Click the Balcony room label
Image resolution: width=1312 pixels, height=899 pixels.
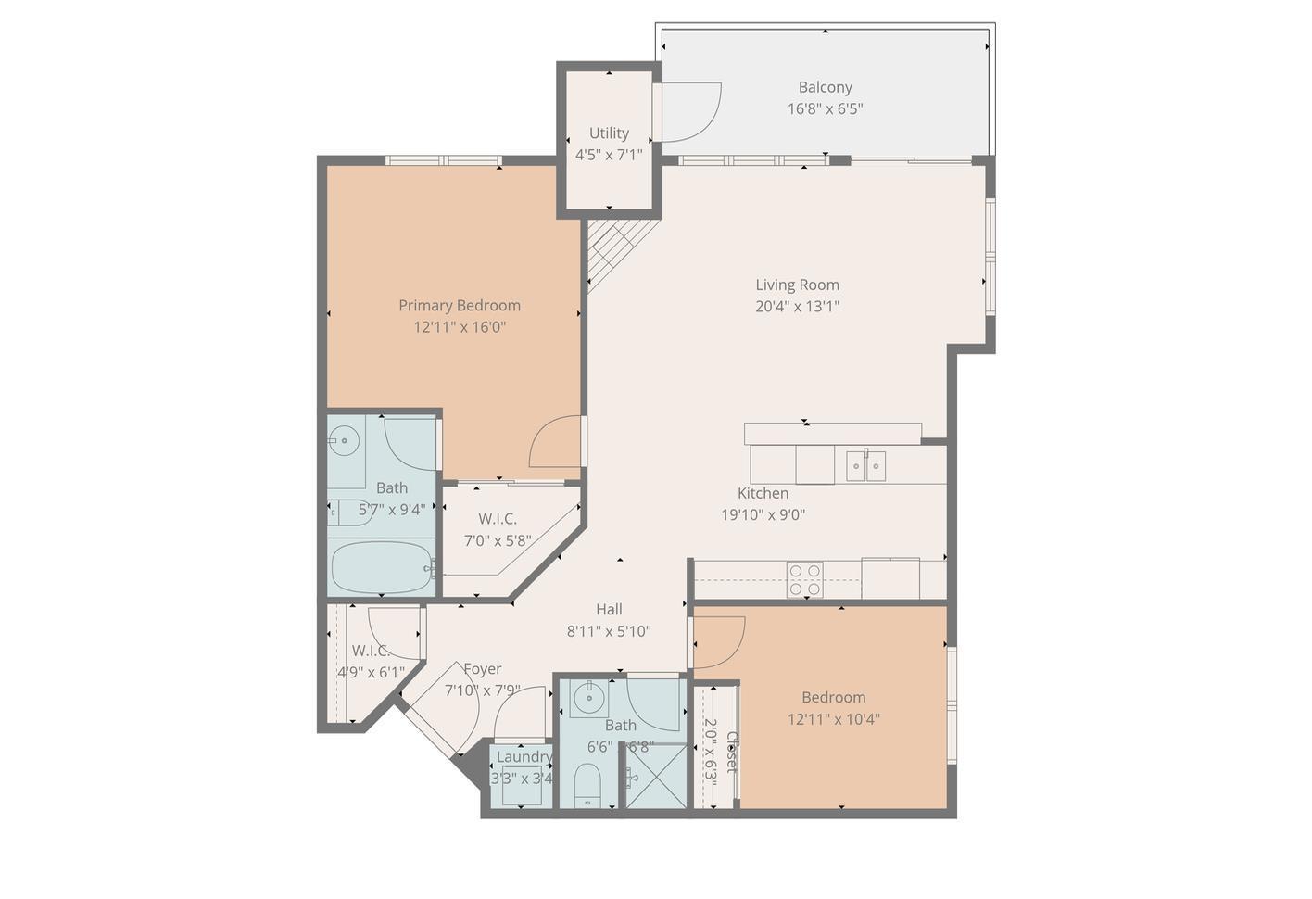tap(825, 87)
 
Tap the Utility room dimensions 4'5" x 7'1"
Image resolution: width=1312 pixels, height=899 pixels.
tap(609, 155)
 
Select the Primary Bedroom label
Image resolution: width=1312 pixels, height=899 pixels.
tap(460, 305)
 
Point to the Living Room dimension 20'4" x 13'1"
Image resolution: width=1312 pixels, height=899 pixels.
tap(797, 307)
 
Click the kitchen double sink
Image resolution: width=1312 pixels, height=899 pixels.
tap(865, 465)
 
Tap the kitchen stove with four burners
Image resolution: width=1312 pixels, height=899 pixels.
tap(804, 579)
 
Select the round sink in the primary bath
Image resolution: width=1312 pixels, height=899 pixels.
tap(345, 439)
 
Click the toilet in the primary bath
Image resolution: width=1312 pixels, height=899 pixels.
tap(347, 512)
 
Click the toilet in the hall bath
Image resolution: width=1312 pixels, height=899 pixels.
tap(587, 785)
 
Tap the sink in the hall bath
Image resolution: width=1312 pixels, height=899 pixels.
tap(587, 698)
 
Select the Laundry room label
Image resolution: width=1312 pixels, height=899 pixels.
tap(524, 756)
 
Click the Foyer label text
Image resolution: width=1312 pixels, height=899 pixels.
tap(482, 669)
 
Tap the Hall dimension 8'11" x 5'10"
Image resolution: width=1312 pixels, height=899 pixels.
tap(609, 632)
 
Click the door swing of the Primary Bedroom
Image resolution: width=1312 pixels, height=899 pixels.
tap(556, 442)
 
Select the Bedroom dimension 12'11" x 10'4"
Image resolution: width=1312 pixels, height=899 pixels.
tap(834, 719)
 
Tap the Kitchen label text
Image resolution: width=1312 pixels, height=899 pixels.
tap(763, 493)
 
